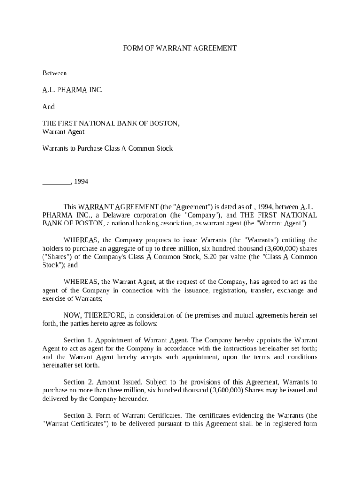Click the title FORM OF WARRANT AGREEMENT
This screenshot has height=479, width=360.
tap(180, 48)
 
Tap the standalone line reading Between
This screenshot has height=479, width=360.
tap(55, 73)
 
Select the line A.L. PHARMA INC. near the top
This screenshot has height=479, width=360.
tap(72, 90)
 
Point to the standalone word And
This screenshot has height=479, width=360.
tap(49, 107)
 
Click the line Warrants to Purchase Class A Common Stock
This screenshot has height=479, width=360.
tap(108, 148)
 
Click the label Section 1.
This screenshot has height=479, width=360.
tap(74, 340)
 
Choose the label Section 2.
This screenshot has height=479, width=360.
tap(74, 382)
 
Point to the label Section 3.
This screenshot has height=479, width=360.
tap(74, 415)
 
